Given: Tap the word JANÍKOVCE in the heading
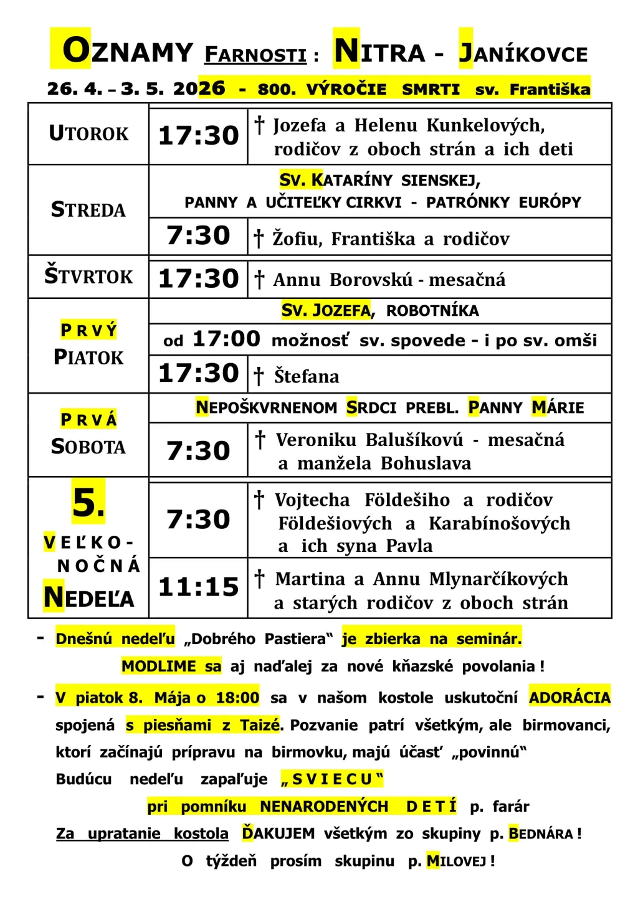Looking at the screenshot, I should [x=523, y=53].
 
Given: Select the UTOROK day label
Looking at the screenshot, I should [x=88, y=134].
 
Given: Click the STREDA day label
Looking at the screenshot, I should [x=88, y=210].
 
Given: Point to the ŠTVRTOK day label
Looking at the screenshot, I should [x=88, y=276].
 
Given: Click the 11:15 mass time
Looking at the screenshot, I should [x=199, y=587].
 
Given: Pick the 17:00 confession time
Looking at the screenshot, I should [x=226, y=339].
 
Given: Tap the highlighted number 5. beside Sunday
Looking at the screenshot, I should [x=88, y=502].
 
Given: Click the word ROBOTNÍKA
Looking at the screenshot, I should [x=432, y=311].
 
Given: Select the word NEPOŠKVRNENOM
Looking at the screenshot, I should [x=266, y=408].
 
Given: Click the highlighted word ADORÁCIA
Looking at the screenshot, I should [x=569, y=697].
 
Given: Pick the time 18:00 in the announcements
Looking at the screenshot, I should [x=237, y=698].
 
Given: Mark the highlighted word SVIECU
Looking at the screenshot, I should [x=332, y=779].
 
